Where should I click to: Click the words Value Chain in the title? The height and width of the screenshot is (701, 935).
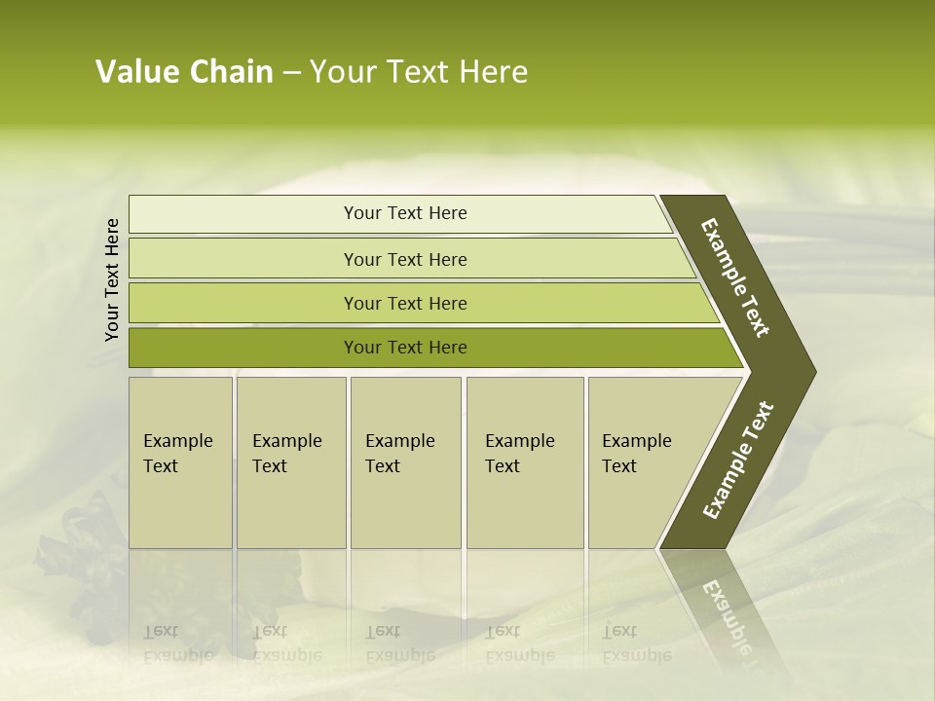184,72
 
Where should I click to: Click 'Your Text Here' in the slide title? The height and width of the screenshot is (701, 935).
419,72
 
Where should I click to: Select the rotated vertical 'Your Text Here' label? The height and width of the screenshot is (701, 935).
112,279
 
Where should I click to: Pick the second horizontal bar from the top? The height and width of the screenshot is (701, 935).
404,259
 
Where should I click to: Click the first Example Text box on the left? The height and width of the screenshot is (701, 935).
180,462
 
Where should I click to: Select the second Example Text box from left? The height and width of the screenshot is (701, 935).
291,462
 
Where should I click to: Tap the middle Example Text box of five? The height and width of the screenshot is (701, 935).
405,462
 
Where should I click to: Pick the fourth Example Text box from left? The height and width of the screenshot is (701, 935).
525,462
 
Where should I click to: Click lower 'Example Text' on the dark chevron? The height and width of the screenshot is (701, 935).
738,460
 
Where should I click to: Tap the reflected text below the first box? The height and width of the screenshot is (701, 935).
177,644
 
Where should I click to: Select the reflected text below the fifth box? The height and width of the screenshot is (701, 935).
636,644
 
